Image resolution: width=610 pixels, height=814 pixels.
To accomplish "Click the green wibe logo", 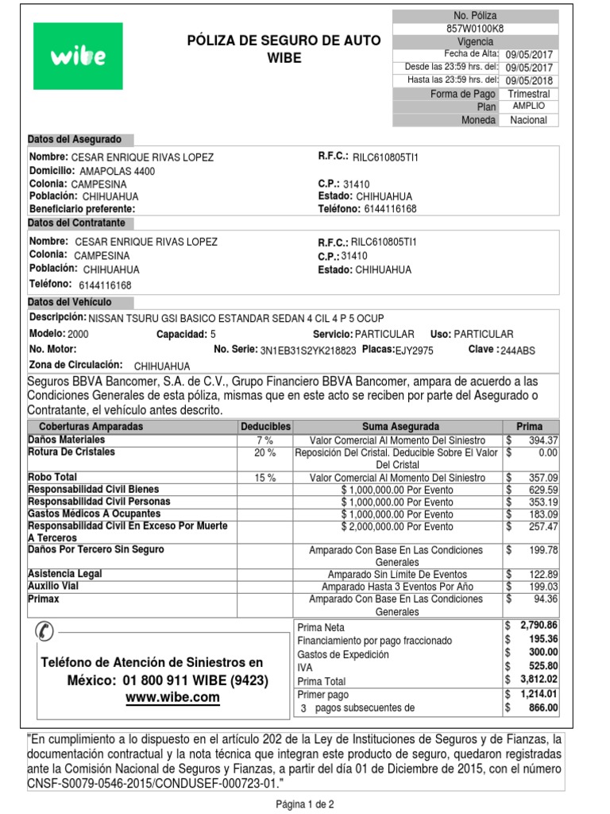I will pos(78,56).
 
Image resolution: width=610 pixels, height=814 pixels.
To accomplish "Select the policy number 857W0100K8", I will pos(475,29).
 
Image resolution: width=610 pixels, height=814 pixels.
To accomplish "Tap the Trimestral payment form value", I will pos(528,94).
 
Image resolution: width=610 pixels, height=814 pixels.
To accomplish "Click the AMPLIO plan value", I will pos(528,107).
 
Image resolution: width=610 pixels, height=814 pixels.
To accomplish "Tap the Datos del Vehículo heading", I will pos(70,302).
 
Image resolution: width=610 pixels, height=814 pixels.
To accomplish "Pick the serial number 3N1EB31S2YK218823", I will pos(308,350).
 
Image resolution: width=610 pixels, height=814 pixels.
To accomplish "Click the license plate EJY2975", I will pos(415,350).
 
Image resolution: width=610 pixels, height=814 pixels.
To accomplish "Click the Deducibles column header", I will pos(265,427).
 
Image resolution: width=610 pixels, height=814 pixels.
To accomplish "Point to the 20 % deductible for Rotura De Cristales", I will pos(264,452).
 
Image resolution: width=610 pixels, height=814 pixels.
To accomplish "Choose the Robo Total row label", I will pos(55,477).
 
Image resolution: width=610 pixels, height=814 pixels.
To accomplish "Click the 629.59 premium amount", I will pos(543,490).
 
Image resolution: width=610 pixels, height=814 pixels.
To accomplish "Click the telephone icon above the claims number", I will pos(44,632).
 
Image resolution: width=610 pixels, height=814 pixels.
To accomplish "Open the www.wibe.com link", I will pos(172,697).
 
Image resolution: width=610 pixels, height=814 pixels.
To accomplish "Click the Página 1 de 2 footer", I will pos(305,804).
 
